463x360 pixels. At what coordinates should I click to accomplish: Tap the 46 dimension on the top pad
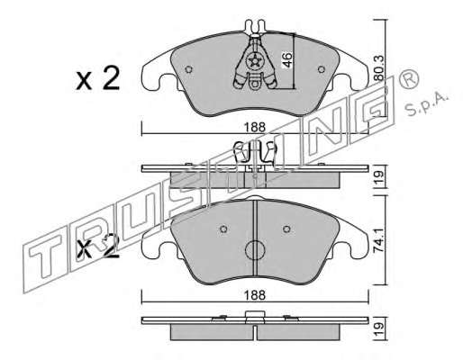(x=287, y=60)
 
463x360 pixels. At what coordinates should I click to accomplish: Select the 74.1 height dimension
(x=379, y=240)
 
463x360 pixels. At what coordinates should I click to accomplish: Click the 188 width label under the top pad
(x=255, y=128)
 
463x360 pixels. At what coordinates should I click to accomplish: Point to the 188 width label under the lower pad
(x=255, y=295)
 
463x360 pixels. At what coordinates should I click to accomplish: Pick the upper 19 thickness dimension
(x=379, y=178)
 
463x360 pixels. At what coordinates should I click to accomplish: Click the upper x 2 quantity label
(x=98, y=78)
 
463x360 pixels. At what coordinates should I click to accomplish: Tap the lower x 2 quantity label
(x=98, y=247)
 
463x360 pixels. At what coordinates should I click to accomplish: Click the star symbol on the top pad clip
(x=256, y=61)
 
